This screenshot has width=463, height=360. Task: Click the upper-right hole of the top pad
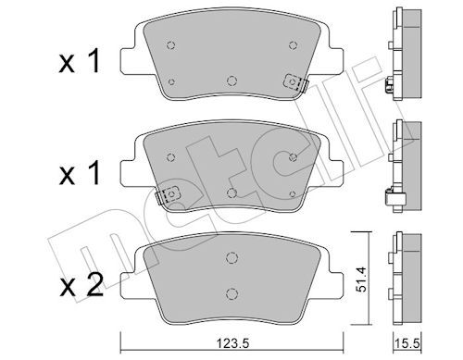(293, 43)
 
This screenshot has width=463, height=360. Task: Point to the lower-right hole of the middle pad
(293, 192)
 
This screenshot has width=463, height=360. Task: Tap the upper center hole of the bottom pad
(231, 256)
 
